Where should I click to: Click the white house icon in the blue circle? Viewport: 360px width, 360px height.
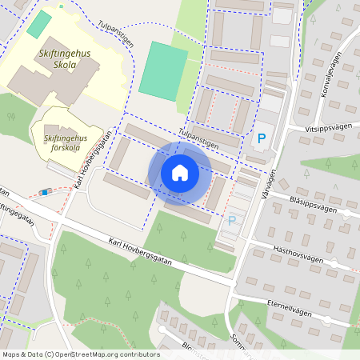click(x=180, y=172)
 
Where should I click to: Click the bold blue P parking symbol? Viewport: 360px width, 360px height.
click(x=261, y=138)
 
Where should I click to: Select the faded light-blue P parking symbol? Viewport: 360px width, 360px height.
click(x=232, y=221)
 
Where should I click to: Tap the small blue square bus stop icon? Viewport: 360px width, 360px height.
click(x=46, y=192)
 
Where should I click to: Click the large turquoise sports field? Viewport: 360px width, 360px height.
click(x=163, y=70)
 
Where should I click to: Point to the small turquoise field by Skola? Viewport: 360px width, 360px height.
click(x=38, y=23)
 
